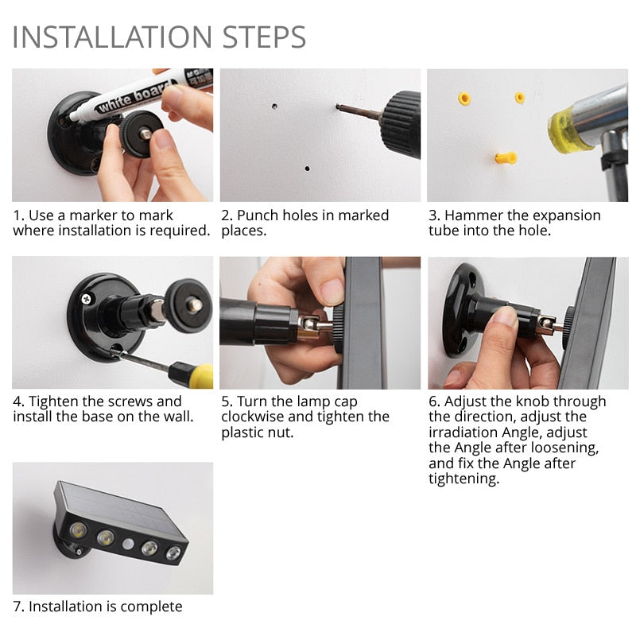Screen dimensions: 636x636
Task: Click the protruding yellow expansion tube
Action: (506, 157)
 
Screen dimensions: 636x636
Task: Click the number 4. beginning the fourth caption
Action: (18, 401)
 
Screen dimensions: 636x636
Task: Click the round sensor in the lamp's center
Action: (127, 545)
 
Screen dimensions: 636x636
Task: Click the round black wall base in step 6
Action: (456, 310)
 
